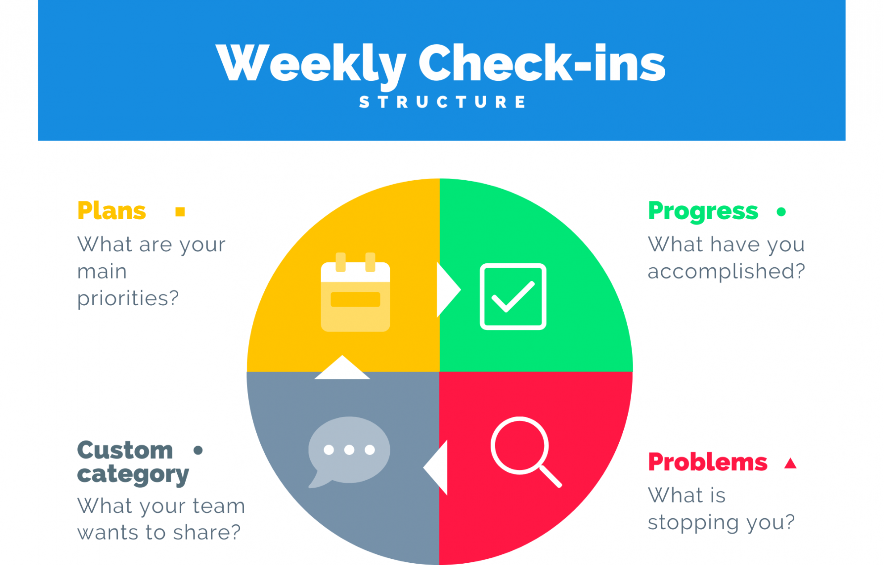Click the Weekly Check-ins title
pyautogui.click(x=440, y=63)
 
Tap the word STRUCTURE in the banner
pyautogui.click(x=442, y=102)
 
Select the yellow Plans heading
pyautogui.click(x=112, y=211)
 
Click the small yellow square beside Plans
pyautogui.click(x=180, y=212)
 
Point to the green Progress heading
pyautogui.click(x=703, y=211)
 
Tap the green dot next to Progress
pyautogui.click(x=781, y=212)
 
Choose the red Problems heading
pyautogui.click(x=707, y=462)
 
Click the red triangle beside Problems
pyautogui.click(x=790, y=464)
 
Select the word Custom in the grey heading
pyautogui.click(x=125, y=450)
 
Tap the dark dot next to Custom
pyautogui.click(x=198, y=450)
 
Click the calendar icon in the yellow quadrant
pyautogui.click(x=355, y=293)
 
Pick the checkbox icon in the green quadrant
pyautogui.click(x=513, y=297)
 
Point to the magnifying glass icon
pyautogui.click(x=525, y=451)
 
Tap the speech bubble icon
pyautogui.click(x=349, y=451)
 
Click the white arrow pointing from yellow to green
pyautogui.click(x=447, y=290)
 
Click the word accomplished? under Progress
pyautogui.click(x=726, y=271)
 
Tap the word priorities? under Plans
pyautogui.click(x=128, y=298)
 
